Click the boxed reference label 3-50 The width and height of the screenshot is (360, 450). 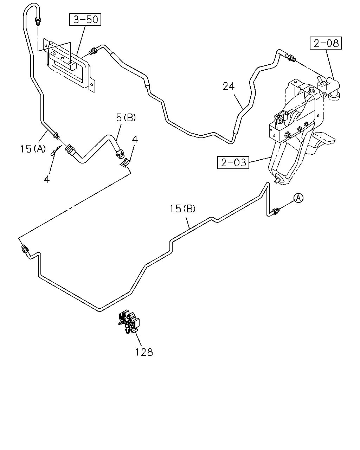click(85, 19)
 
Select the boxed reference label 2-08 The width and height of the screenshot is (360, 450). click(326, 43)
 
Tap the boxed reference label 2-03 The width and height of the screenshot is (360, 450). click(233, 162)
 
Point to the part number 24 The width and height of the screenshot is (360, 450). click(229, 86)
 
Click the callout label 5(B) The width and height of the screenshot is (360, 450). click(126, 118)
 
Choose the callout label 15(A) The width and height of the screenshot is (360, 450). click(33, 149)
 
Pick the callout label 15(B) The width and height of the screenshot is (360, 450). click(182, 209)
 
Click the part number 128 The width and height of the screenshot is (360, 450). click(144, 352)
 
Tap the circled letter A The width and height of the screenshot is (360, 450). click(298, 198)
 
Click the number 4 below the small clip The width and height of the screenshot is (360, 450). click(47, 179)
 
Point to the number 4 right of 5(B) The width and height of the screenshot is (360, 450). click(135, 140)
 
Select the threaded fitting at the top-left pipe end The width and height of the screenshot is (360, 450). click(38, 21)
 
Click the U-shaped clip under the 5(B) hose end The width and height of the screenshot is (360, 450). click(125, 162)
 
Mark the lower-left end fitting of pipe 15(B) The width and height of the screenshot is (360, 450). click(25, 249)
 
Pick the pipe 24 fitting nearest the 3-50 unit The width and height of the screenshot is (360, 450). click(92, 51)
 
